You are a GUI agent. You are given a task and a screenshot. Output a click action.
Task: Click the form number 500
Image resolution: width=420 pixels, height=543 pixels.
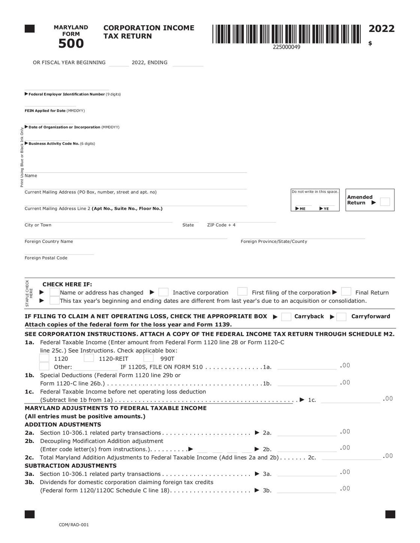click(x=71, y=44)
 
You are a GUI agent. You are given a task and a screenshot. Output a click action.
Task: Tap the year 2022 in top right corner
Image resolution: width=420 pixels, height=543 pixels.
click(x=381, y=29)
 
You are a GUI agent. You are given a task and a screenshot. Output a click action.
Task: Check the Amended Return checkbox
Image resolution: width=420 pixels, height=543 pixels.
click(x=385, y=202)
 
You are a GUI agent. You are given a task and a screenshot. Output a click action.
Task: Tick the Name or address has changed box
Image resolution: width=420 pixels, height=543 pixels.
click(x=55, y=292)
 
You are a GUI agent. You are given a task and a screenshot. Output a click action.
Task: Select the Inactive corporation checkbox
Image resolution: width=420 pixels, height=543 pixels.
click(x=163, y=292)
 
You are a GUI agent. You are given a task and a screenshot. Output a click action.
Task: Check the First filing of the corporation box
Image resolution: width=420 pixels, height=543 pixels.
click(x=242, y=292)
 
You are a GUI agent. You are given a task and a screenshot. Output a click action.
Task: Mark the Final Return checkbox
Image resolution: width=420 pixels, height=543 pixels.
click(x=346, y=292)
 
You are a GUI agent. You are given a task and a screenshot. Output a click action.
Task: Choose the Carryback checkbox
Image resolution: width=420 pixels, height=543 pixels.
click(x=286, y=317)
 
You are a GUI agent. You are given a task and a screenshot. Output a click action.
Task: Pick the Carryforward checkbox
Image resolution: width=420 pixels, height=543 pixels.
click(x=341, y=317)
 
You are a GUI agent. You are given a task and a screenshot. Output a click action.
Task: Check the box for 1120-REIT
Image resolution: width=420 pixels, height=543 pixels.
click(x=89, y=358)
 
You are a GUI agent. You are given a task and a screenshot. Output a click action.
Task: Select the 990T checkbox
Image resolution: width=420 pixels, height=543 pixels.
click(x=148, y=358)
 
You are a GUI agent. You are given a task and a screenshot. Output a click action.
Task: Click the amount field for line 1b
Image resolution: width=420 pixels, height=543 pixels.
click(x=307, y=383)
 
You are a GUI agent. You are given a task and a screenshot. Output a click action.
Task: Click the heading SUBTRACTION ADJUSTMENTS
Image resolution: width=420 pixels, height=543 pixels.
click(x=70, y=466)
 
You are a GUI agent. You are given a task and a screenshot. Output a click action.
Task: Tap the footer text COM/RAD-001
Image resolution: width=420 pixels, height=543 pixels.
click(x=74, y=525)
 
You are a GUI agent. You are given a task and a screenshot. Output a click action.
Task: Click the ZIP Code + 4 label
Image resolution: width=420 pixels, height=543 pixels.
click(x=221, y=225)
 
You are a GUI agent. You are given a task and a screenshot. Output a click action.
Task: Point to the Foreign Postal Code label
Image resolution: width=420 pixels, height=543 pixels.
click(x=46, y=258)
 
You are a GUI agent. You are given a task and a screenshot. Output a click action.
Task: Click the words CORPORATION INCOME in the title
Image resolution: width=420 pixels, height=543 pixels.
click(x=149, y=28)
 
